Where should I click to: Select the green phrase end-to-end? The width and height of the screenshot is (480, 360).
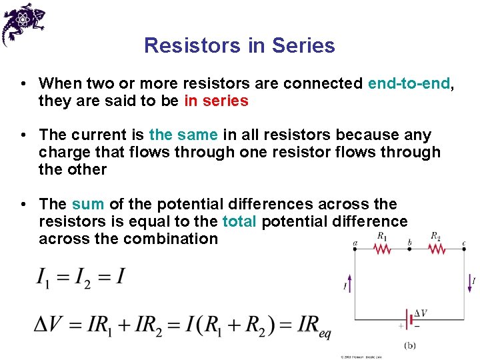pyautogui.click(x=409, y=83)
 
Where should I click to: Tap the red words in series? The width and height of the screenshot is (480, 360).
pyautogui.click(x=216, y=101)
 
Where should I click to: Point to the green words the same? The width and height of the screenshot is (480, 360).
pyautogui.click(x=183, y=135)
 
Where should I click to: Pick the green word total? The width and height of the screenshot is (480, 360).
pyautogui.click(x=239, y=221)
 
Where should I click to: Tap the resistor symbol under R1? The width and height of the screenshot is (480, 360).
pyautogui.click(x=382, y=249)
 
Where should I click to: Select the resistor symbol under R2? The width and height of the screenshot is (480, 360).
pyautogui.click(x=436, y=249)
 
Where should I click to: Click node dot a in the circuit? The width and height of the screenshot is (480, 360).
pyautogui.click(x=354, y=249)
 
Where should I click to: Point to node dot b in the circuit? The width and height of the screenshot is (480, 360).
pyautogui.click(x=409, y=249)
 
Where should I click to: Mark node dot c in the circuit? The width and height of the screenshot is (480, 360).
pyautogui.click(x=464, y=249)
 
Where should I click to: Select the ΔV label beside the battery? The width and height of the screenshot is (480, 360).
pyautogui.click(x=421, y=313)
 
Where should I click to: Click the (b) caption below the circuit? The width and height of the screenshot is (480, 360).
pyautogui.click(x=411, y=345)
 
